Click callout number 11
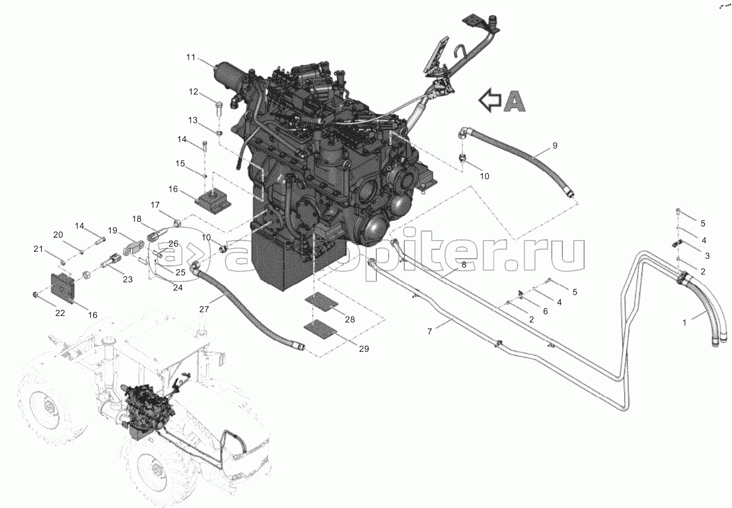pos(191,58)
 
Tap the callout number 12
pos(193,92)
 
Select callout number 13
pos(193,120)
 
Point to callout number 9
pos(555,145)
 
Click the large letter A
pos(514,100)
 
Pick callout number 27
pos(204,309)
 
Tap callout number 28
pos(350,319)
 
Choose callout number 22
pos(60,313)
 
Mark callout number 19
pos(112,231)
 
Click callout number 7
pos(430,331)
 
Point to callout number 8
pos(464,265)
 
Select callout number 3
pos(707,256)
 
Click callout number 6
pos(545,312)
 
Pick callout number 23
pos(128,279)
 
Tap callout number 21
pos(38,249)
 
